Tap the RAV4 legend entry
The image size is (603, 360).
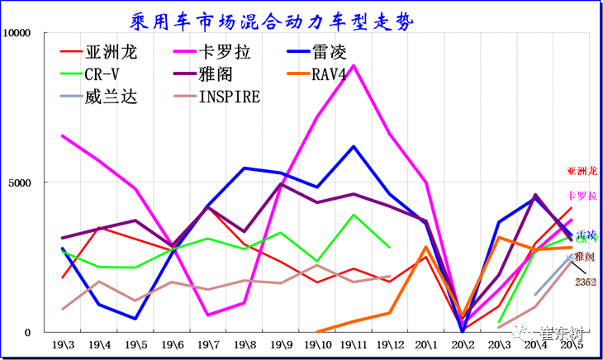coord(335,74)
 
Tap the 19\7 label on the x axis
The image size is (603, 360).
coord(208,343)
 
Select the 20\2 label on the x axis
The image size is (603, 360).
coord(463,343)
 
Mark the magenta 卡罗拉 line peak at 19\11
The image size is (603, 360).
coord(354,66)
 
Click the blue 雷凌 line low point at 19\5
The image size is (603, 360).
coord(135,319)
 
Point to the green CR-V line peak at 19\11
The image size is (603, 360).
coord(354,215)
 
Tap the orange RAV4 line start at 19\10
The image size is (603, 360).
coord(317,332)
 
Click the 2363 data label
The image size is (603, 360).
coord(586,282)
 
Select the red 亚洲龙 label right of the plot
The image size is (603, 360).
coord(581,172)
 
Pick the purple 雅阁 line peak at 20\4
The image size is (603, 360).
coord(535,196)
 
